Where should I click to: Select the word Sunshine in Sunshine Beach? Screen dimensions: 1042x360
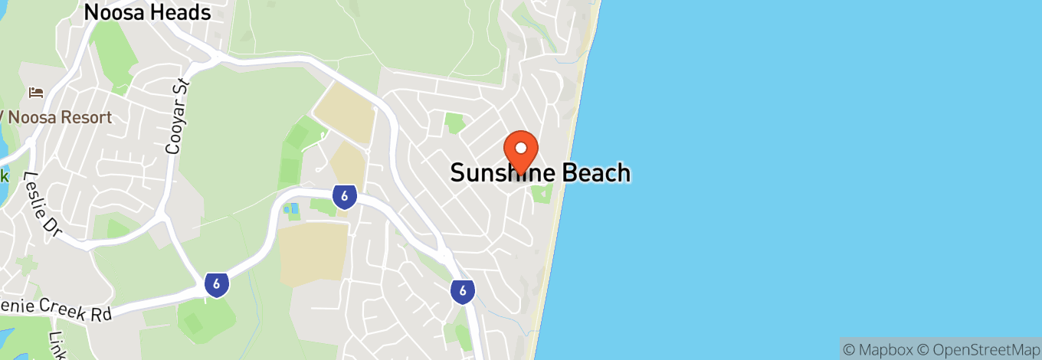[x=503, y=173]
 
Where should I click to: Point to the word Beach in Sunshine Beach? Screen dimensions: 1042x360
[x=596, y=173]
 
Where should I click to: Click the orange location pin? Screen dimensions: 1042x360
[x=521, y=149]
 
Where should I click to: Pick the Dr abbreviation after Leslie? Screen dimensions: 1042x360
[x=52, y=226]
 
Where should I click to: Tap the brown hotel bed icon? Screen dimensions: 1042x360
[x=36, y=93]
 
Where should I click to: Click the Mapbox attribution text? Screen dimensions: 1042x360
[x=877, y=349]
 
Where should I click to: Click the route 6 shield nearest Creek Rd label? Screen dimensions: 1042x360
[x=217, y=285]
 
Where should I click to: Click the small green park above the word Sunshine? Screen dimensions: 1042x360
[x=455, y=123]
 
